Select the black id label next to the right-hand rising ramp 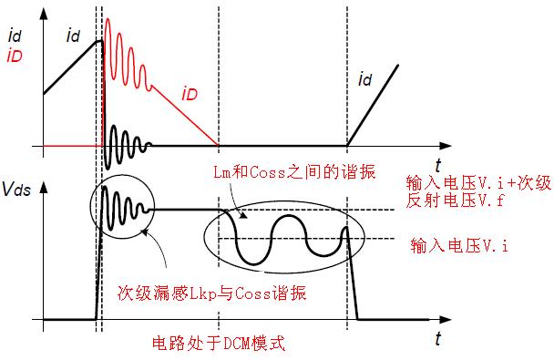click(x=364, y=82)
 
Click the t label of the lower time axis click(x=438, y=339)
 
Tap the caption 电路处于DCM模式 click(x=217, y=345)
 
